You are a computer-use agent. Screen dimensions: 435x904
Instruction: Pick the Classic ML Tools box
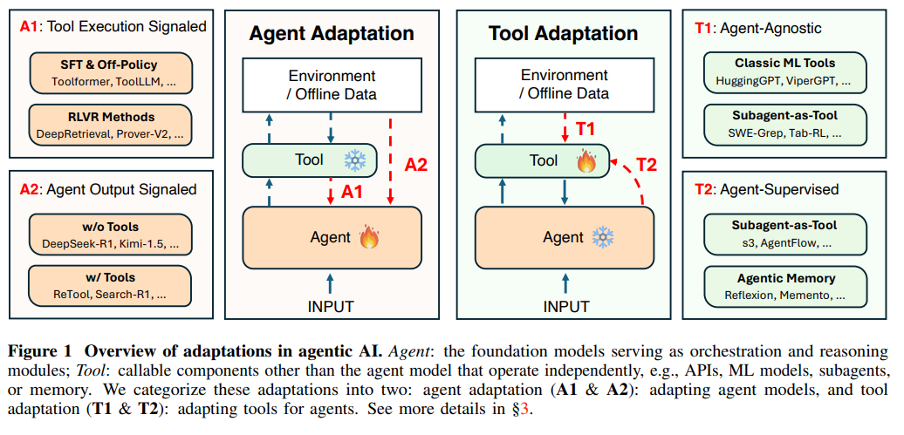point(784,71)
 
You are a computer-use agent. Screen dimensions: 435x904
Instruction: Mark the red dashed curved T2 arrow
point(634,179)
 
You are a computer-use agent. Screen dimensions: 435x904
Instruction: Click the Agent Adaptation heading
point(332,33)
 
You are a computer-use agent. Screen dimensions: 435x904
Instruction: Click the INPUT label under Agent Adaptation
point(331,307)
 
